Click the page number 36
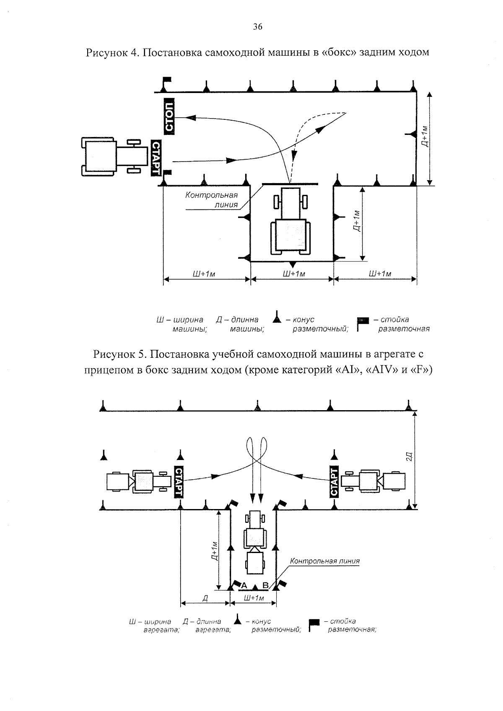tap(257, 27)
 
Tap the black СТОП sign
tap(169, 116)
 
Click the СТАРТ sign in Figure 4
tap(156, 158)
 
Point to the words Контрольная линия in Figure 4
tap(212, 200)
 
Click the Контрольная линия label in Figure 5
tap(324, 561)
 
